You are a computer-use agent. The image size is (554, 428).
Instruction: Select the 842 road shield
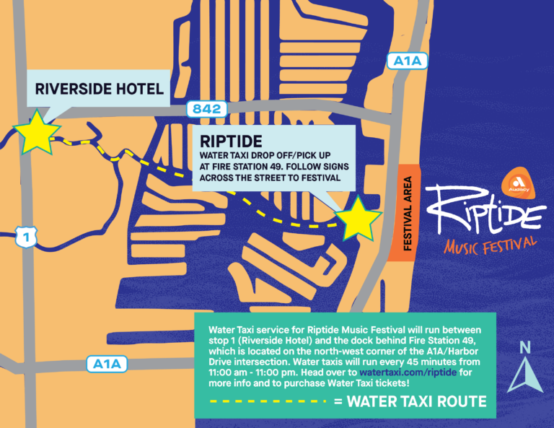[207, 109]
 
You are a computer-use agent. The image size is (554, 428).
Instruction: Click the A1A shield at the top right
[407, 61]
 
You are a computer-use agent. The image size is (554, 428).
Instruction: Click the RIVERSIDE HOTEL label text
[99, 89]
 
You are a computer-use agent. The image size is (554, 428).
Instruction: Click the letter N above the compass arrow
[525, 348]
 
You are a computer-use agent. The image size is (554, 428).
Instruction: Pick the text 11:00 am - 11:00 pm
[251, 372]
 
